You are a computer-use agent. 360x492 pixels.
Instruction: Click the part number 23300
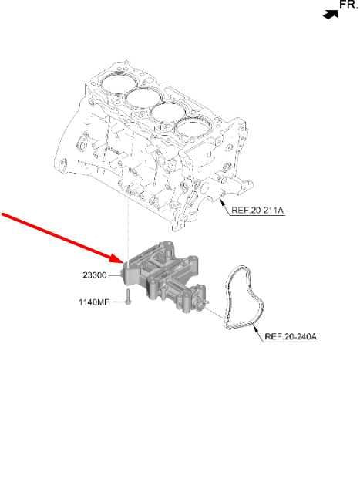[95, 275]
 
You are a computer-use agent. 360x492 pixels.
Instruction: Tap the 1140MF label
[94, 302]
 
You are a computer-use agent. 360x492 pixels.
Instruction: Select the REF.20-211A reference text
[257, 211]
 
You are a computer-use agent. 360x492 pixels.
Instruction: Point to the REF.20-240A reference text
[291, 337]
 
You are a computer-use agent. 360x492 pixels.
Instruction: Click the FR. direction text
[349, 5]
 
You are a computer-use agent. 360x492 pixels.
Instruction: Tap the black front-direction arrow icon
[331, 15]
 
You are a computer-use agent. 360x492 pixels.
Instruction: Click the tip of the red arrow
[124, 263]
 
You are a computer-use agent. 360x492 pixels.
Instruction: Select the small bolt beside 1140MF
[128, 297]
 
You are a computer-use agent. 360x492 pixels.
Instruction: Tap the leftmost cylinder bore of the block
[118, 84]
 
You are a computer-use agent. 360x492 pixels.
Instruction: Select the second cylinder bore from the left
[143, 99]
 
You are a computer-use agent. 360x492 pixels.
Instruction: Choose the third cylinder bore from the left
[168, 113]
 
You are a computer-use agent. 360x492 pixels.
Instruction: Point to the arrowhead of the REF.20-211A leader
[222, 201]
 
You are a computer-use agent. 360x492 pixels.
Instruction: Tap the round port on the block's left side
[81, 145]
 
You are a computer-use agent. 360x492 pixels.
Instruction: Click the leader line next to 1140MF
[119, 302]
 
